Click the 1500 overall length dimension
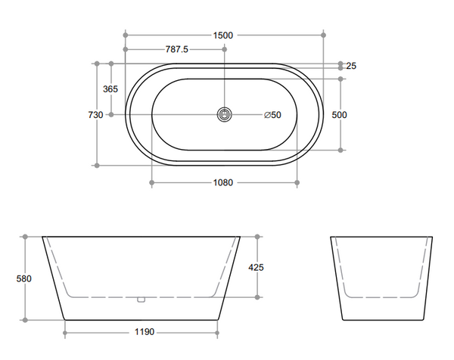tap(223, 35)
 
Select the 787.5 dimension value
tap(176, 49)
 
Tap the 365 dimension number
tap(110, 88)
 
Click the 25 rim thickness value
tap(351, 66)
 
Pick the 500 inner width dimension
tap(340, 114)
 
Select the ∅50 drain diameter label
tap(272, 115)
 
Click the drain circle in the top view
tap(224, 114)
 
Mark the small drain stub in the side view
tap(140, 297)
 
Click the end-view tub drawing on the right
tap(384, 278)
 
